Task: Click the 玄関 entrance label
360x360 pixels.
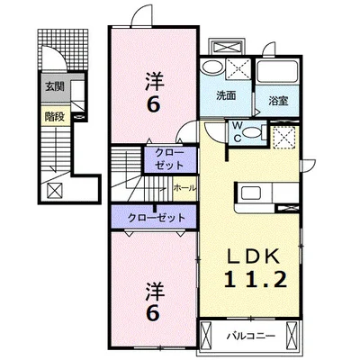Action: click(55, 87)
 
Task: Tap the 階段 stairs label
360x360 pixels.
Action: click(55, 116)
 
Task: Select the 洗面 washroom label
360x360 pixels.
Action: click(226, 95)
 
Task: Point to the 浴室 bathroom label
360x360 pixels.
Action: click(278, 101)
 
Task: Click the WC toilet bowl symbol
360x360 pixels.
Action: click(251, 132)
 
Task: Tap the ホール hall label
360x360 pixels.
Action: click(184, 188)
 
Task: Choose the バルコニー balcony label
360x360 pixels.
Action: click(250, 336)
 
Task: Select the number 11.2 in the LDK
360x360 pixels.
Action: click(255, 279)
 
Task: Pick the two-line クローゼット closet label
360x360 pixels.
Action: click(169, 159)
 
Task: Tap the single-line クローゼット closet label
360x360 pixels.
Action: click(157, 217)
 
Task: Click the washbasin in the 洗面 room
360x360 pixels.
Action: click(212, 67)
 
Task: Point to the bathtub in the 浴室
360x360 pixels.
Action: click(277, 71)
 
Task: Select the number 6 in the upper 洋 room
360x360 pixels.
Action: click(153, 105)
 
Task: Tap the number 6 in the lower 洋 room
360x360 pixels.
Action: click(153, 314)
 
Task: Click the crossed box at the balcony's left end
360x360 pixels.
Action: click(205, 336)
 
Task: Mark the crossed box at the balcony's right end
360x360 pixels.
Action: click(291, 336)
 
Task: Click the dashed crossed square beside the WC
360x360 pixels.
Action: click(283, 137)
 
